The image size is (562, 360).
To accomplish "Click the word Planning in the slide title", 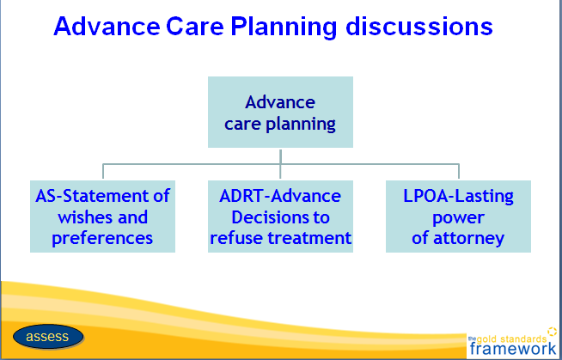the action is tap(284, 27).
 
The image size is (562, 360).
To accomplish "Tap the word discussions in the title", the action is tap(419, 26).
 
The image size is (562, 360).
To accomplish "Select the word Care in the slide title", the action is tap(194, 26).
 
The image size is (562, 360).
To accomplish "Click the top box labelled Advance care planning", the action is tap(280, 112).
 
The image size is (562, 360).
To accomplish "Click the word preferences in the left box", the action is tap(102, 239).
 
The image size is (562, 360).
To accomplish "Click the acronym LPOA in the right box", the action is tap(425, 196).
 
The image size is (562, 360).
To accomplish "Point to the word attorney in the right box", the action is tap(469, 239).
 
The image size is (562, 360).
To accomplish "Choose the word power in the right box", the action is tap(458, 218).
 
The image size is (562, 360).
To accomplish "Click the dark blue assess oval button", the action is tap(48, 337).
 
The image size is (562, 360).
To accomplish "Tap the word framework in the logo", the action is tap(513, 348).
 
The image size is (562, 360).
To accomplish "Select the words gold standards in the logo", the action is tap(511, 339).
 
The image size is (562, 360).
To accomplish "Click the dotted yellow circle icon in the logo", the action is tap(553, 332).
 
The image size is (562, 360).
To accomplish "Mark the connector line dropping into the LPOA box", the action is tap(459, 171).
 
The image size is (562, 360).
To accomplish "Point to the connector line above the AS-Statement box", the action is tap(103, 171).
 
